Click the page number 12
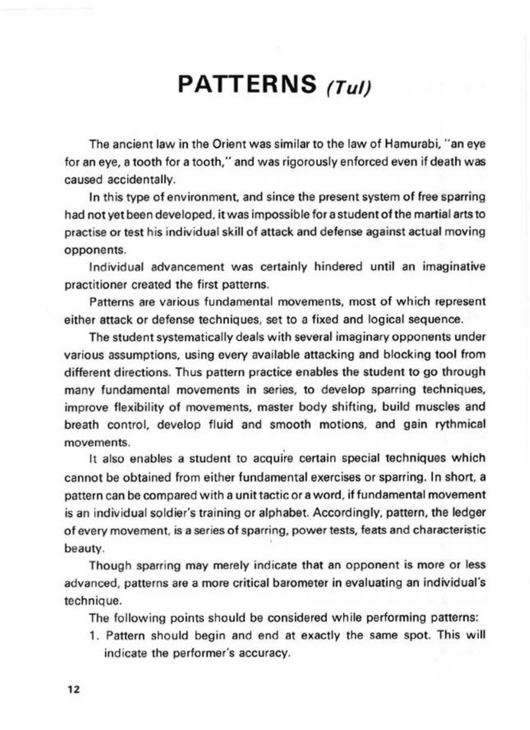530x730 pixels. coord(74,690)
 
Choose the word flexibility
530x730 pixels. coord(122,407)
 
